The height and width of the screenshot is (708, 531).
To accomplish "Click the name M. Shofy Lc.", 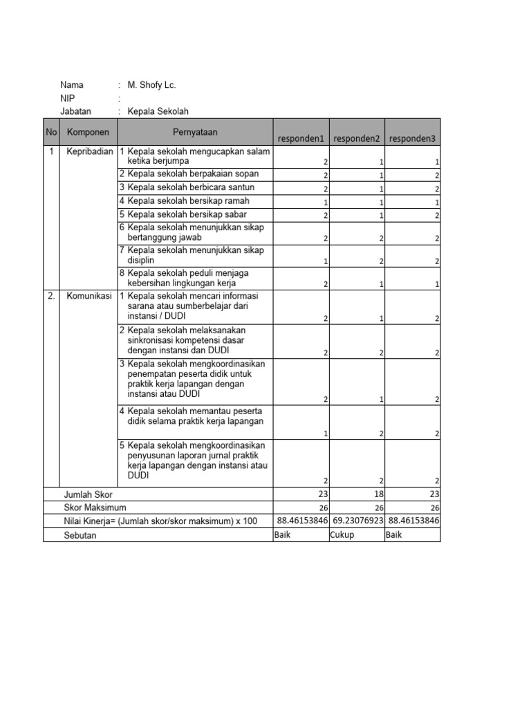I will point(151,85).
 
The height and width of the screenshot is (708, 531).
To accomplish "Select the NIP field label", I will point(68,98).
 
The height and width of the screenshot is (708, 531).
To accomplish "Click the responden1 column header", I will point(301,138).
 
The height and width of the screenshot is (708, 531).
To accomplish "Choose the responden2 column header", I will point(357,138).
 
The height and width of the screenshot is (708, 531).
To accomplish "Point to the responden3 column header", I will point(412,138).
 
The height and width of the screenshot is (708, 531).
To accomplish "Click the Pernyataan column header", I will point(196,131).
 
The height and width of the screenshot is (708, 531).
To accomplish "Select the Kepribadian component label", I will point(89,151).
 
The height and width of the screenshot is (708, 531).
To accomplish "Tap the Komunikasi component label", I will point(89,296).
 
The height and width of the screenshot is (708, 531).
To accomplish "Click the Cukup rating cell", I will point(342,534).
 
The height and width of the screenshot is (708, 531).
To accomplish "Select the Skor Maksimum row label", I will point(95,507).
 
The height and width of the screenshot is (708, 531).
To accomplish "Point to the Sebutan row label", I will point(81,534).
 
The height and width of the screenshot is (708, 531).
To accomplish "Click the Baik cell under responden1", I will point(283,534).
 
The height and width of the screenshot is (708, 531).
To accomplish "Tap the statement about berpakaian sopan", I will point(188,174).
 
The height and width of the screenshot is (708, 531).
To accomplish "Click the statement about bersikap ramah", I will point(189,201).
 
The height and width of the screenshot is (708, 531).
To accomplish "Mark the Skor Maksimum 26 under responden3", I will point(434,508).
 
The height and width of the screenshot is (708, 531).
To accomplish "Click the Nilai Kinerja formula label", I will point(160,521).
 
